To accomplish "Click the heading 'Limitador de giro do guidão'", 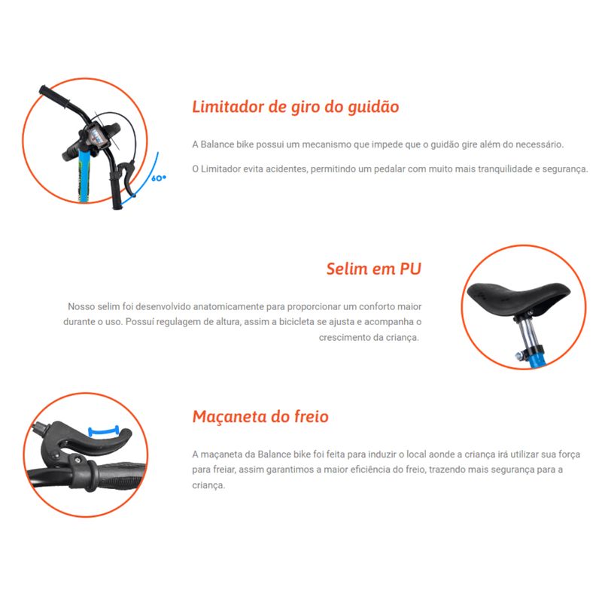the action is pyautogui.click(x=296, y=107).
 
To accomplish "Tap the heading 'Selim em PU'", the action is pyautogui.click(x=373, y=269).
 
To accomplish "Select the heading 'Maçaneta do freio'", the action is pyautogui.click(x=260, y=417).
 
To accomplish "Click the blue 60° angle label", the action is pyautogui.click(x=159, y=178).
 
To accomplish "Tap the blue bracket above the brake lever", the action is pyautogui.click(x=103, y=430).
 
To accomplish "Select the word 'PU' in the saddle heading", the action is pyautogui.click(x=410, y=269).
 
